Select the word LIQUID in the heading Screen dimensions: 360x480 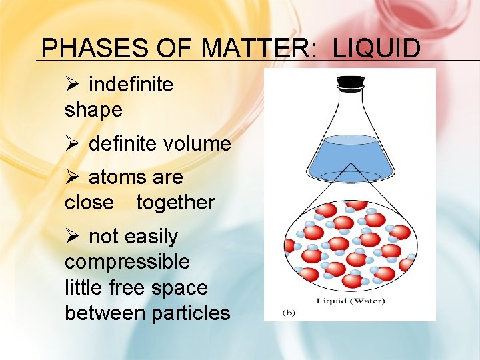click(376, 49)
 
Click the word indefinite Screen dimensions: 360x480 click(131, 85)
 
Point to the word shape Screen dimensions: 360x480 click(93, 109)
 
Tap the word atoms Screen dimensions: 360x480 click(111, 177)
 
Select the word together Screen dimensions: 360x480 click(175, 202)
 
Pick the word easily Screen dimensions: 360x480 click(150, 237)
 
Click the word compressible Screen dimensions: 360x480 click(127, 262)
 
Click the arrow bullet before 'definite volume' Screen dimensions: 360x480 click(73, 143)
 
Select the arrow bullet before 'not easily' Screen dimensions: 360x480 click(73, 237)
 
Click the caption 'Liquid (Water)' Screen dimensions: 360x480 click(351, 301)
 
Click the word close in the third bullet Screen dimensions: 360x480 click(89, 202)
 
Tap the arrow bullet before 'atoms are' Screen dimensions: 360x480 click(73, 177)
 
